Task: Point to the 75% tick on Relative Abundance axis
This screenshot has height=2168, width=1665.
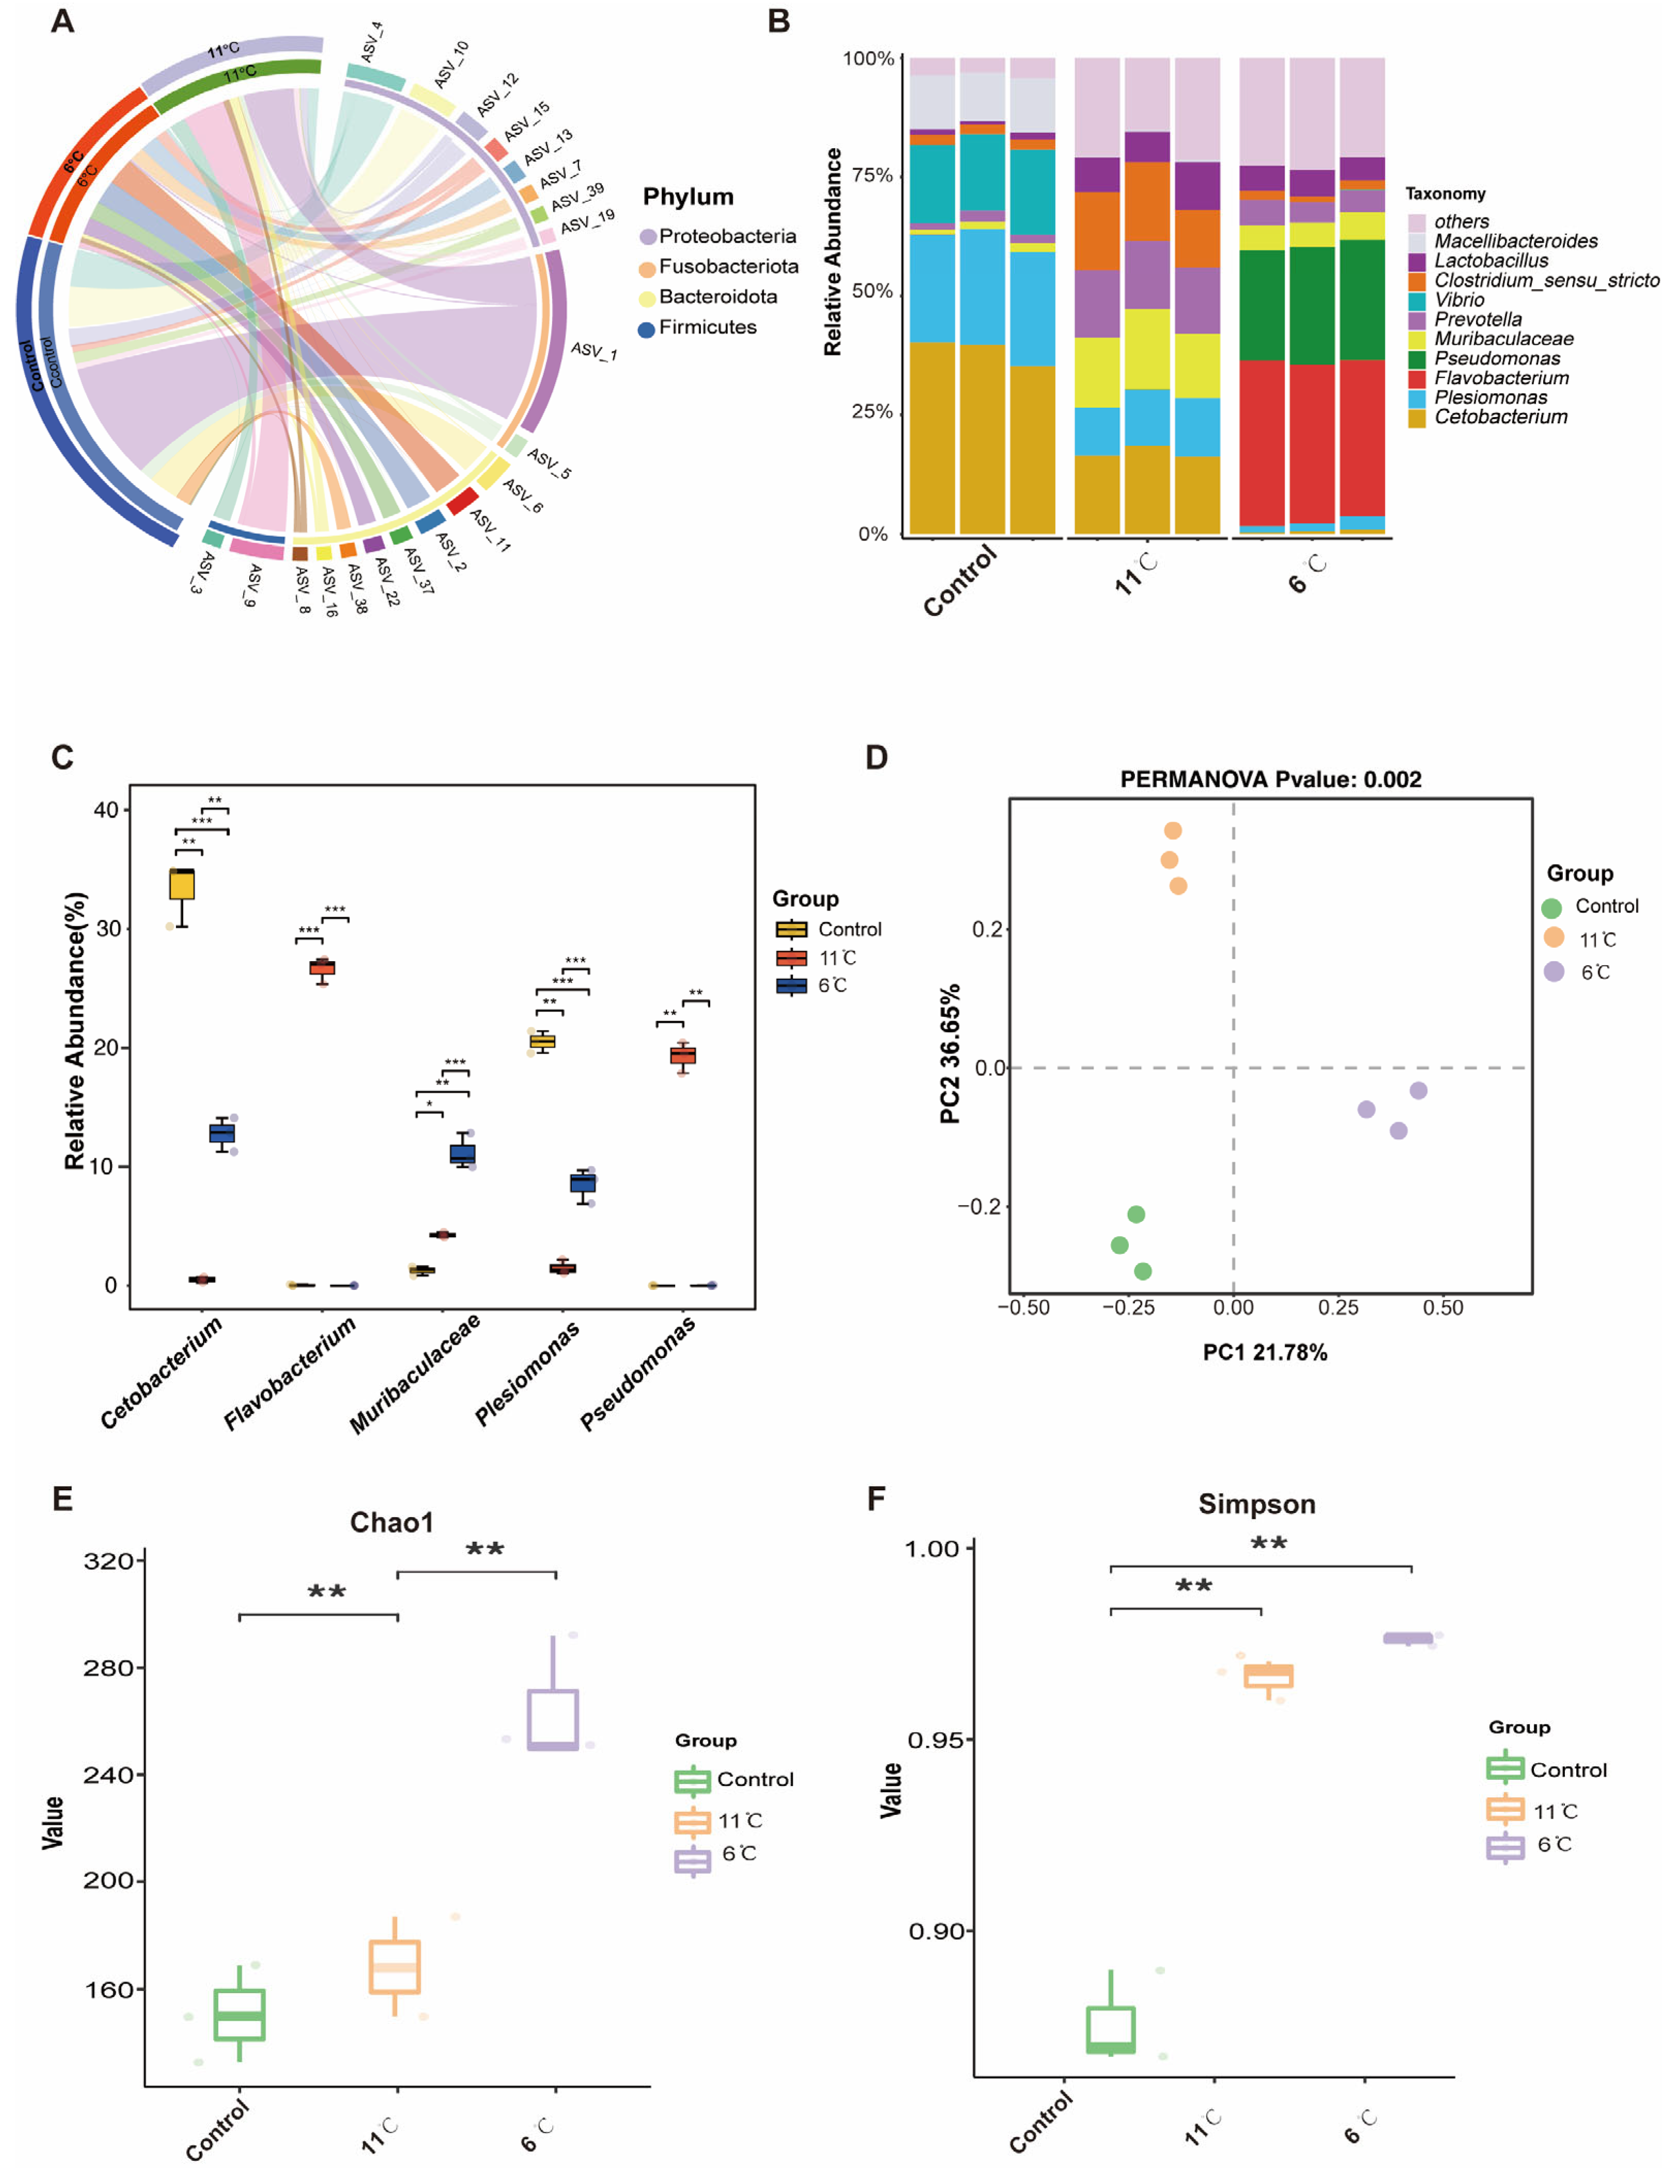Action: coord(872,176)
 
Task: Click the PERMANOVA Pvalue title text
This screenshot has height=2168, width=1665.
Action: coord(1271,779)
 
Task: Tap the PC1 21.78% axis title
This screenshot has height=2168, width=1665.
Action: coord(1264,1352)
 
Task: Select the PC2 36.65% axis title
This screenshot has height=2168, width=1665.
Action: coord(950,1054)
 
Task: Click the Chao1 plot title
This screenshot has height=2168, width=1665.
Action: coord(391,1523)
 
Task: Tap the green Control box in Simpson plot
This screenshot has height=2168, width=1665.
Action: coord(1111,2029)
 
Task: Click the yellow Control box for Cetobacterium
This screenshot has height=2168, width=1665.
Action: coord(181,884)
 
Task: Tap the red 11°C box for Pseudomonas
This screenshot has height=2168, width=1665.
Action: coord(683,1055)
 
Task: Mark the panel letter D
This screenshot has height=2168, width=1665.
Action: coord(876,757)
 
